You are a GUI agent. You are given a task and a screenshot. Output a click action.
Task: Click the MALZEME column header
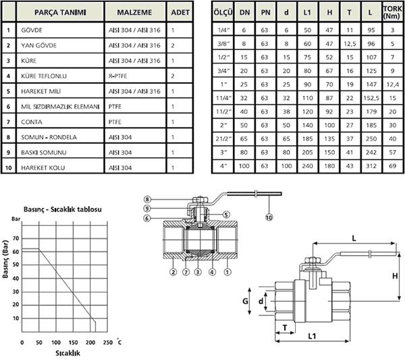click(134, 12)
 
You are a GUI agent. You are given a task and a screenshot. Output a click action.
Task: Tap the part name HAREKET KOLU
click(43, 168)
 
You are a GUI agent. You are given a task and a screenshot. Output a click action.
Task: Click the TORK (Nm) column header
click(392, 12)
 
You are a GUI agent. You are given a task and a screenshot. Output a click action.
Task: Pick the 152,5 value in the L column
click(371, 98)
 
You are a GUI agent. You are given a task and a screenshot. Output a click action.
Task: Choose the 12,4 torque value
click(393, 84)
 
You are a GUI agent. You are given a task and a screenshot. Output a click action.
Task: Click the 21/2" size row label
click(223, 138)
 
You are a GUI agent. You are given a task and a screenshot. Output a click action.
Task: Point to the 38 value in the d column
click(286, 111)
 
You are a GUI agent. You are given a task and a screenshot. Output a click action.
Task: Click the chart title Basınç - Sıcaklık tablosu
click(63, 209)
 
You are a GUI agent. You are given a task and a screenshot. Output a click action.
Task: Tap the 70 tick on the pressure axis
click(16, 238)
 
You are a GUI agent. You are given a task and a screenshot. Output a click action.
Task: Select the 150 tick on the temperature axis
click(73, 342)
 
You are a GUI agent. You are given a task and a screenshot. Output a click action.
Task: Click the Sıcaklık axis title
click(67, 353)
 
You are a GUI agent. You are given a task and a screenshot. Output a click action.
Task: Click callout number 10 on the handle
click(269, 217)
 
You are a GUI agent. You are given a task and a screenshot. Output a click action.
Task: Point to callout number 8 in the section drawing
click(147, 199)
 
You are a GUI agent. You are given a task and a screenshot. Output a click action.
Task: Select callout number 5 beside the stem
click(226, 215)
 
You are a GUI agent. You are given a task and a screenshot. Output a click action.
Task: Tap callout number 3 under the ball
click(198, 272)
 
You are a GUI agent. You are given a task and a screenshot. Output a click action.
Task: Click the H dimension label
click(395, 276)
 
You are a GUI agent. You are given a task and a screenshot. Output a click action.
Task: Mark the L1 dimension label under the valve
click(312, 336)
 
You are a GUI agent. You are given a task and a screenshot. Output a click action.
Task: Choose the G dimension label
click(245, 301)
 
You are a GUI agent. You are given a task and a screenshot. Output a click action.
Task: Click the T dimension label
click(285, 328)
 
